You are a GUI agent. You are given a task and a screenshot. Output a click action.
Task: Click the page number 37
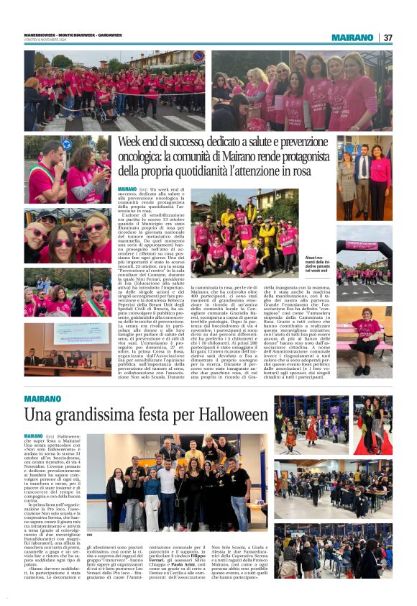tap(388, 37)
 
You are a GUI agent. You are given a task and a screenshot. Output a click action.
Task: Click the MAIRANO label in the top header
tap(352, 37)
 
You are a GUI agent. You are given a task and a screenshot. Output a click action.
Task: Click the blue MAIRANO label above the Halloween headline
tap(42, 398)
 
